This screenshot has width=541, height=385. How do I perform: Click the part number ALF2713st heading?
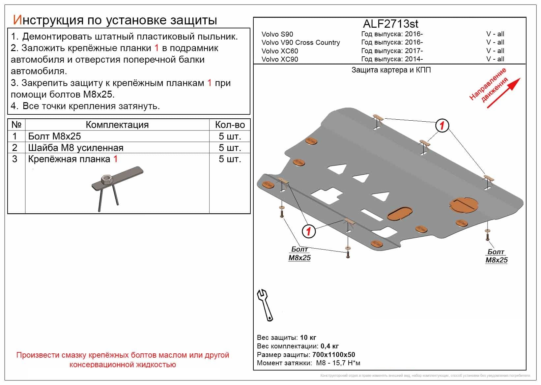pos(390,24)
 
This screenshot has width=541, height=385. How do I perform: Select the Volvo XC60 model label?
pos(280,51)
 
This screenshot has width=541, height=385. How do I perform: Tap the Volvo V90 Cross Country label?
pos(300,43)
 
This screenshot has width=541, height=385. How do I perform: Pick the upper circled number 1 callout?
pos(442,126)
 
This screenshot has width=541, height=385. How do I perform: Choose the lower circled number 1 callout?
pos(309,231)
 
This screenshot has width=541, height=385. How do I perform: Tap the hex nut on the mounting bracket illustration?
pos(107,180)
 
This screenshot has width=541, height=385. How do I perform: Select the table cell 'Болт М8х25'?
pos(55,136)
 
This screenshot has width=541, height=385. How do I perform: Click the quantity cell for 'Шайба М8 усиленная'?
pos(230,148)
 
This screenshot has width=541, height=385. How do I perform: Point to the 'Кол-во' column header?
pos(230,125)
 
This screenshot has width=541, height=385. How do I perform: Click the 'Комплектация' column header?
pos(117,125)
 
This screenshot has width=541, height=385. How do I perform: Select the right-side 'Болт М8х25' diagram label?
pos(496,256)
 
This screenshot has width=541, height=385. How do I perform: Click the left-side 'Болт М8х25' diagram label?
pos(299,253)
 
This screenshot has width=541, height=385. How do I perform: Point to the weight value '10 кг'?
pos(308,338)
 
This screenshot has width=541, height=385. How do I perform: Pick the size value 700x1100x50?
pos(333,355)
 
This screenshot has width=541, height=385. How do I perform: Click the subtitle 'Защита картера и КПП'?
pos(391,70)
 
